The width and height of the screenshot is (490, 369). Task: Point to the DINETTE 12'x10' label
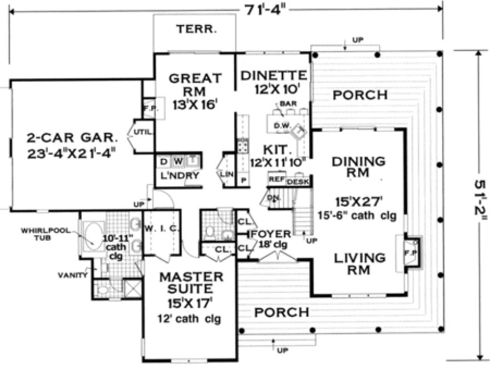tap(274, 81)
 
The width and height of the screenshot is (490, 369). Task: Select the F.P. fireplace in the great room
tap(150, 108)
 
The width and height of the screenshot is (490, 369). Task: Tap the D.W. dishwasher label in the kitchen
tap(281, 126)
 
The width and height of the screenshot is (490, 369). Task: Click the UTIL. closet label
tap(138, 132)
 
